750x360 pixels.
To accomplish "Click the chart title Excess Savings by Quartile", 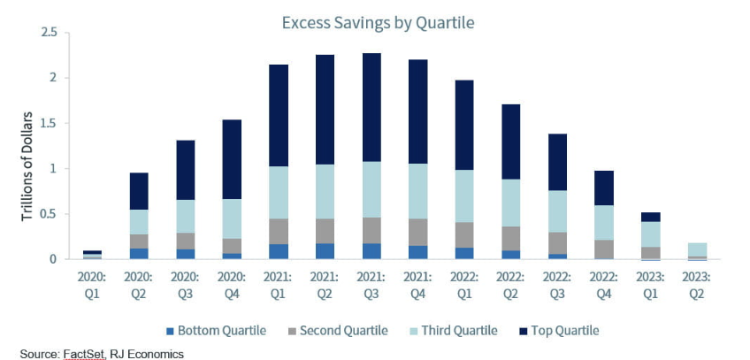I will (x=378, y=23).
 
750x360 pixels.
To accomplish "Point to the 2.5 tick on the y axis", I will (x=50, y=33).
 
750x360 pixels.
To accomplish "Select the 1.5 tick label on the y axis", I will (x=50, y=123).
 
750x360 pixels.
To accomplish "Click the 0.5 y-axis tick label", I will (x=50, y=214).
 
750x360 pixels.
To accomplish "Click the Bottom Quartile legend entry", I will (x=217, y=331).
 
